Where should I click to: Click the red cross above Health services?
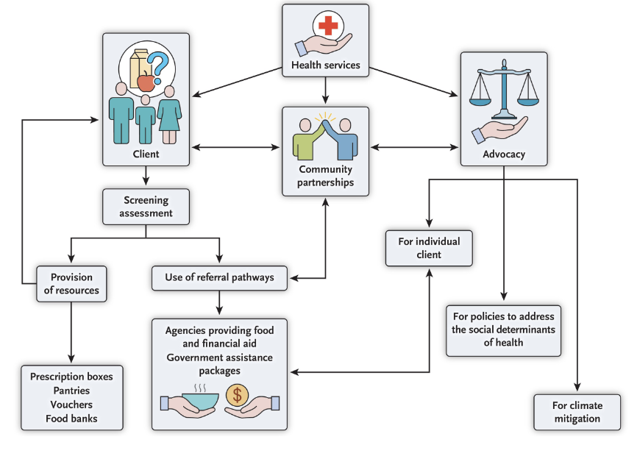327,27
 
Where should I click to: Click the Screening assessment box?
146,207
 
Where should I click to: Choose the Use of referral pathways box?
220,277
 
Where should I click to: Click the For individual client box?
428,248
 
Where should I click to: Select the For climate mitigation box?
576,412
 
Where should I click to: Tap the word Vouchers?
71,405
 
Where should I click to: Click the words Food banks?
71,419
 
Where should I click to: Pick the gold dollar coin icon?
238,394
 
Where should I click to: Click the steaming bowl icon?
199,398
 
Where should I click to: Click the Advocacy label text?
503,154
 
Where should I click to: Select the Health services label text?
326,65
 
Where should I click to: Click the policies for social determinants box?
503,330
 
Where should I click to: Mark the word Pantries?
71,391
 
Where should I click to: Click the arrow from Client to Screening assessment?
146,177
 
